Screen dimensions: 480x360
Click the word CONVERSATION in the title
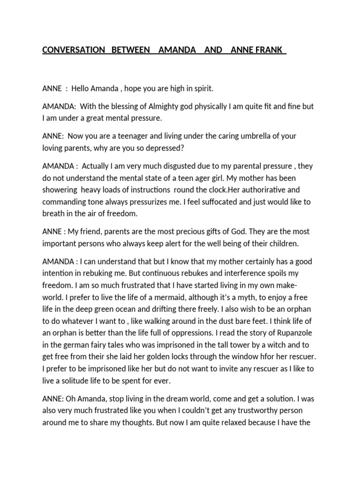(74, 50)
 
